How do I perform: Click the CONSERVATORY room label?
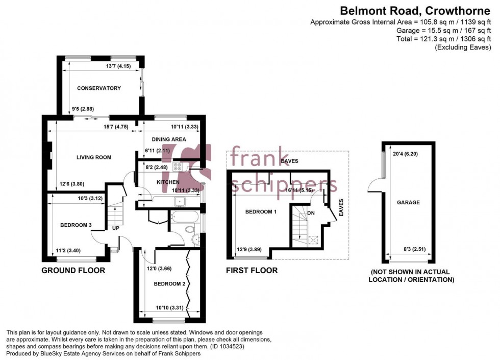click(x=99, y=88)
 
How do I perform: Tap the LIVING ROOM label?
click(x=94, y=157)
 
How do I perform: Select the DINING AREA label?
click(x=169, y=139)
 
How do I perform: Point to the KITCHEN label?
click(x=168, y=182)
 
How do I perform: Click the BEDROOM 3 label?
click(x=76, y=225)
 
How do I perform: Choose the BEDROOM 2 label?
click(x=169, y=284)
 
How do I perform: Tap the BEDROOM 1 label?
click(x=261, y=211)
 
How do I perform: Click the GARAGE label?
click(x=408, y=202)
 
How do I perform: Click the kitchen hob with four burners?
click(x=178, y=166)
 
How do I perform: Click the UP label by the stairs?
click(x=115, y=228)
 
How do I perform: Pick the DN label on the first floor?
click(x=311, y=213)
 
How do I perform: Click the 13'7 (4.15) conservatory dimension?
click(x=118, y=66)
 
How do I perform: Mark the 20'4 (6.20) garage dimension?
click(x=405, y=154)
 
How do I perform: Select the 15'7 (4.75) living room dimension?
click(x=116, y=127)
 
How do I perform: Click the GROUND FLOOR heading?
click(x=73, y=270)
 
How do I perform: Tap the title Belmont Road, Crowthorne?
click(x=415, y=11)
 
